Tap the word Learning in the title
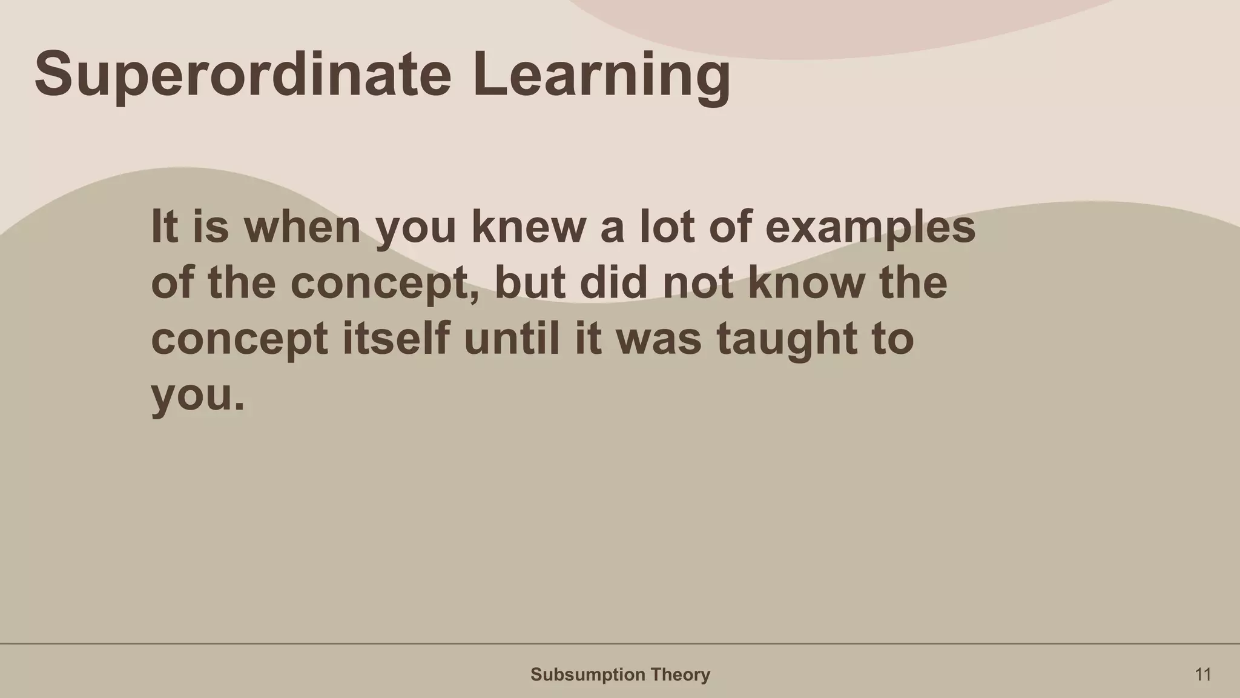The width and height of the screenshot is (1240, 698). click(x=601, y=75)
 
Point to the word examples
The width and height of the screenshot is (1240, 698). click(x=870, y=227)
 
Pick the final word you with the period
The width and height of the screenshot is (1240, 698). click(x=197, y=395)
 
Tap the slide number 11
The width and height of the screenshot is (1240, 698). click(x=1202, y=674)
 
